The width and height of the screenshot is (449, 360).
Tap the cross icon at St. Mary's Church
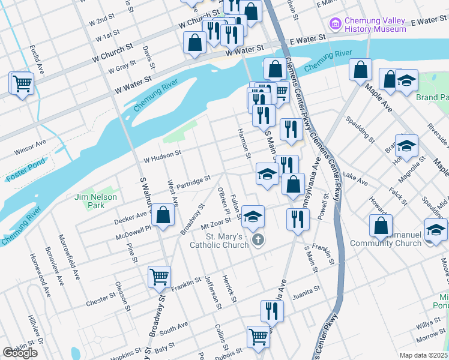tap(258, 241)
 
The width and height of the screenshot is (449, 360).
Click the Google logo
tap(20, 353)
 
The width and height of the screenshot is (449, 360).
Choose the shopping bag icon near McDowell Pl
tap(163, 215)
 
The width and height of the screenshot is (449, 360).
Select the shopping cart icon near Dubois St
tap(258, 337)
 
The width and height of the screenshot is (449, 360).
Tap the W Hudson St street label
tap(162, 154)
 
